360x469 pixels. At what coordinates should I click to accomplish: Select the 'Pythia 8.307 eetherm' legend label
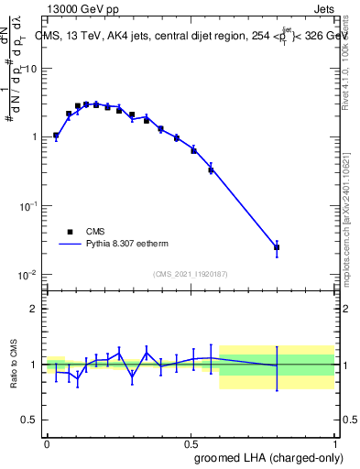click(x=132, y=245)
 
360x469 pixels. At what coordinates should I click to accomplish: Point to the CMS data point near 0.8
click(x=277, y=247)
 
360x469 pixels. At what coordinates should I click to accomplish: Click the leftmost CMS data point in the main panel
click(x=56, y=136)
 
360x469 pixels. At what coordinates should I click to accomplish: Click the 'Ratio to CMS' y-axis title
click(x=15, y=365)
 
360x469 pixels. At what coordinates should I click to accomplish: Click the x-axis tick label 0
click(x=47, y=442)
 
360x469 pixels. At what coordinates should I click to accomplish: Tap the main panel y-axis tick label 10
click(x=30, y=69)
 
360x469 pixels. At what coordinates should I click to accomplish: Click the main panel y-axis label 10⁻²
click(x=27, y=275)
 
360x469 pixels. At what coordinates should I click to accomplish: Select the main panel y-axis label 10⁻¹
click(x=27, y=206)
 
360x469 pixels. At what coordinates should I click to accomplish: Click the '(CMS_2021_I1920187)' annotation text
click(x=190, y=274)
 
